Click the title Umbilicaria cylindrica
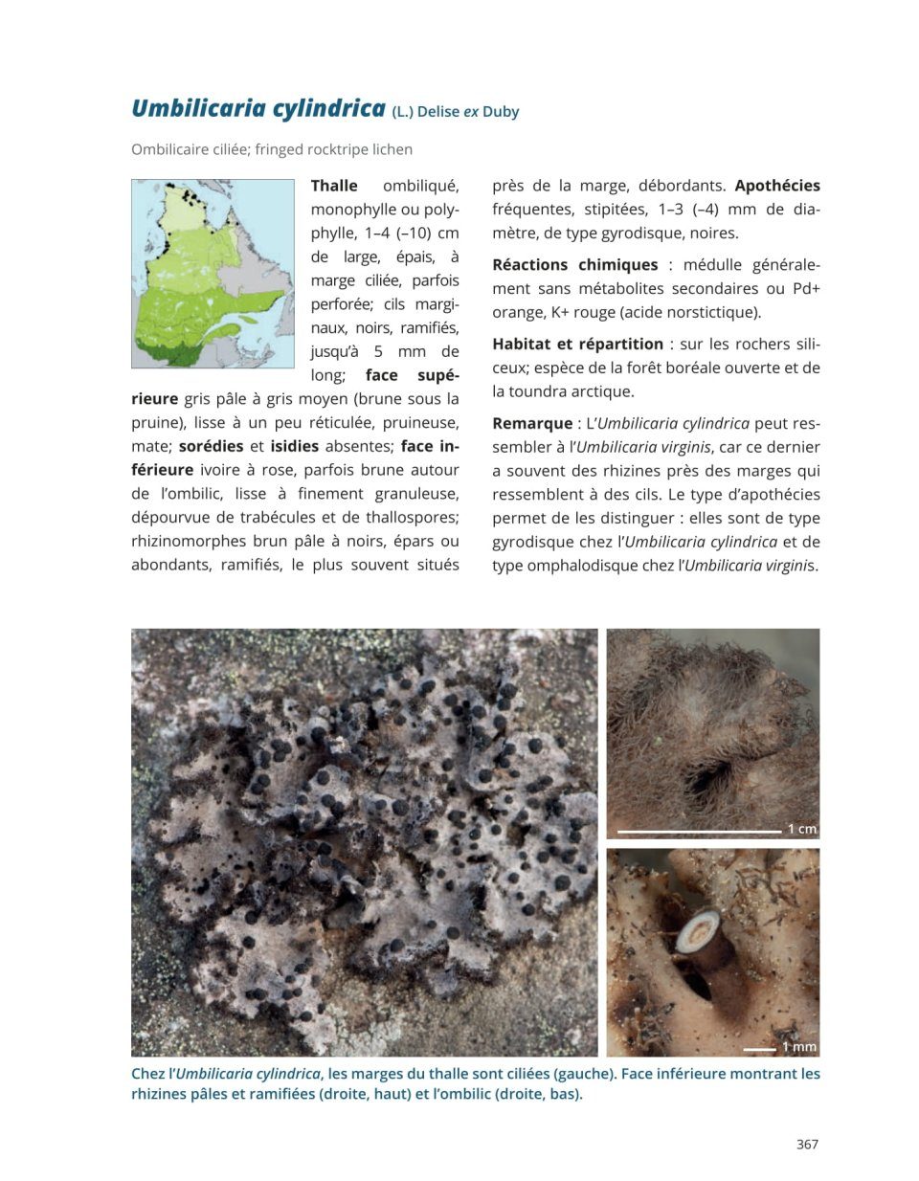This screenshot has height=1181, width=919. (x=258, y=108)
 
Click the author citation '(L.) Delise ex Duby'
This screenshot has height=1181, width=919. (x=456, y=112)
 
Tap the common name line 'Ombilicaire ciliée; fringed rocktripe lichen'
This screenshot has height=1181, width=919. (x=272, y=149)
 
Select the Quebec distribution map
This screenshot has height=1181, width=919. (x=213, y=274)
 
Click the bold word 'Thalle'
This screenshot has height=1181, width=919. (x=334, y=186)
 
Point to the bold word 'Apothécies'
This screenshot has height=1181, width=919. (x=777, y=186)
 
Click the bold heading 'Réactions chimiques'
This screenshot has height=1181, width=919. (x=574, y=265)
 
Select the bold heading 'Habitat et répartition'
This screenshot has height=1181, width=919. (x=577, y=345)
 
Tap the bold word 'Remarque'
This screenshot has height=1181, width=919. (x=531, y=424)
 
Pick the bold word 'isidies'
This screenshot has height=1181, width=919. (x=294, y=447)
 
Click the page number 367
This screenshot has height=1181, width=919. (x=807, y=1145)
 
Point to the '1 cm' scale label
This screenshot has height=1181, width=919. (x=801, y=829)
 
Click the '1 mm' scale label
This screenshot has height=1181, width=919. (x=799, y=1047)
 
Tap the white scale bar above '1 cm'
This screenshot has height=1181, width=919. (x=699, y=831)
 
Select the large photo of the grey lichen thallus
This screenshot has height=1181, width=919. (x=364, y=842)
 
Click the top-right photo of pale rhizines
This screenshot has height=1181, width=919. (x=713, y=733)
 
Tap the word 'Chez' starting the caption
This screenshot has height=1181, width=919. (x=149, y=1074)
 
